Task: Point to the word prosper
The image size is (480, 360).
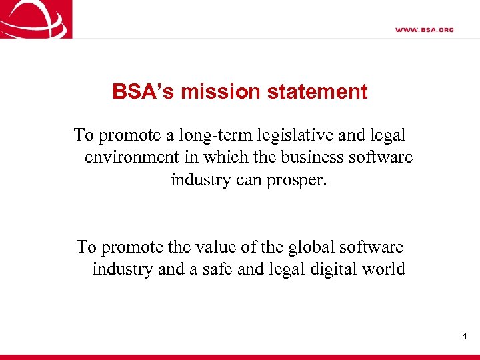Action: (296, 181)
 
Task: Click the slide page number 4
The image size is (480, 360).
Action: (465, 337)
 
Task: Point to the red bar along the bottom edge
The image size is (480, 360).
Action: (240, 357)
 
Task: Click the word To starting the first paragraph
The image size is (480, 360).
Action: (84, 136)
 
